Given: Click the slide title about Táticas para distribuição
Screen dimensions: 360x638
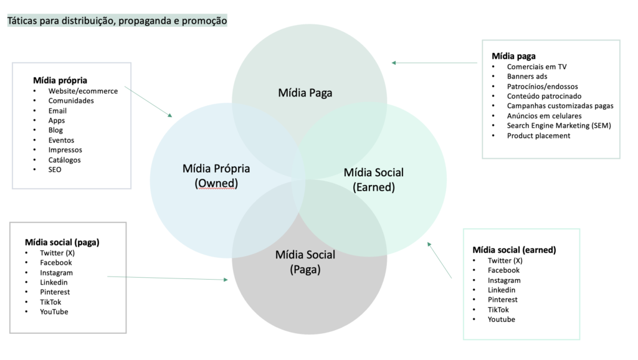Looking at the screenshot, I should coord(117,21).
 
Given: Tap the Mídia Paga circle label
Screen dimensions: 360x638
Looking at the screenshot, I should coord(305,93).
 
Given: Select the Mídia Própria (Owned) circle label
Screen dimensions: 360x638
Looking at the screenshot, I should coord(216,176).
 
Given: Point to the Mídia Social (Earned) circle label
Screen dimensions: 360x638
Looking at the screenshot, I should coord(374,179).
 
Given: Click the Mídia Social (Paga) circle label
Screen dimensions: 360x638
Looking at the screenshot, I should coord(305,262).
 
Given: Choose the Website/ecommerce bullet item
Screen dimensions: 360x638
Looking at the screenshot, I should coord(83,91).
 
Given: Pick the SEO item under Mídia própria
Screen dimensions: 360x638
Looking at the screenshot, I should coord(55,169).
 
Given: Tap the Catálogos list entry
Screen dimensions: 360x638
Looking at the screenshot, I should coord(65,160).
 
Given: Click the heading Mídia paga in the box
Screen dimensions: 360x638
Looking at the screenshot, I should coord(513,56).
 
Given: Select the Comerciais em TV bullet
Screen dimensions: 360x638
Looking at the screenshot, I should coord(536,67).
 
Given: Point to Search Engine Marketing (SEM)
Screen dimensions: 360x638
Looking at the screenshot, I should coord(559,125).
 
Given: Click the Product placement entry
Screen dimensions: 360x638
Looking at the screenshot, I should coord(538,135).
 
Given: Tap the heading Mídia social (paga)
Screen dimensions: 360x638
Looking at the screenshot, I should coord(62,242).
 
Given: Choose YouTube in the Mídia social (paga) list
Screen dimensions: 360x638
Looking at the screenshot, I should coord(54,311).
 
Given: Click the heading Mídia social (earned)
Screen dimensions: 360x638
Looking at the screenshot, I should coord(514,250).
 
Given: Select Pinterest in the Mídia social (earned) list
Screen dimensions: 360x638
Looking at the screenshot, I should coord(503,300).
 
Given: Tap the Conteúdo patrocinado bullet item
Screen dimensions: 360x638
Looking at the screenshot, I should coord(544,96).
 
